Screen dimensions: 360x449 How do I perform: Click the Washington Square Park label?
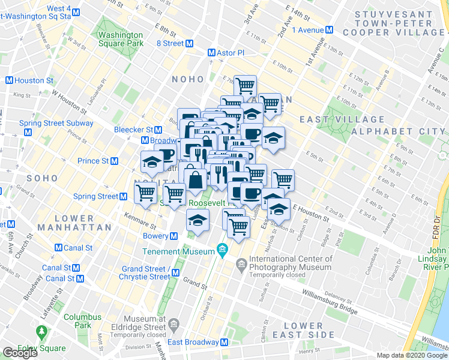pos(121,39)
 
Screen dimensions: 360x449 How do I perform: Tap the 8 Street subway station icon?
pos(189,43)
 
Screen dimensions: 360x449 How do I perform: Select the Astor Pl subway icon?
pos(211,53)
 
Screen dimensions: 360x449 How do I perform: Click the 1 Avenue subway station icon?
pos(329,29)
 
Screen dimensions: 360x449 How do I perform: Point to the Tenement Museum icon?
pos(223,248)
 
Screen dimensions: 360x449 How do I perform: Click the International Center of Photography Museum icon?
pos(241,263)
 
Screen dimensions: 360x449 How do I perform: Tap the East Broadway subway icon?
pos(225,342)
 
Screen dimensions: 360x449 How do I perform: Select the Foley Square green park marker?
pos(41,331)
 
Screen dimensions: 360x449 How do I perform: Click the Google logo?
pos(19,352)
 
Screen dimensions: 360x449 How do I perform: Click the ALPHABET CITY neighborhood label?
pos(399,131)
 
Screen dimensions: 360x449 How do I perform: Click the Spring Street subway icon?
pos(123,196)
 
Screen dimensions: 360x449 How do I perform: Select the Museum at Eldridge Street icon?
pos(173,325)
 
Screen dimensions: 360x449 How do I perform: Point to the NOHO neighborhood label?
pos(188,79)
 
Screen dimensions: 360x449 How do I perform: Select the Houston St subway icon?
pos(9,80)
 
